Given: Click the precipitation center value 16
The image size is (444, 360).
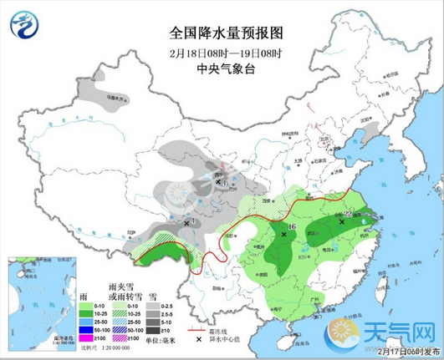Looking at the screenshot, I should click(x=292, y=226).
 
